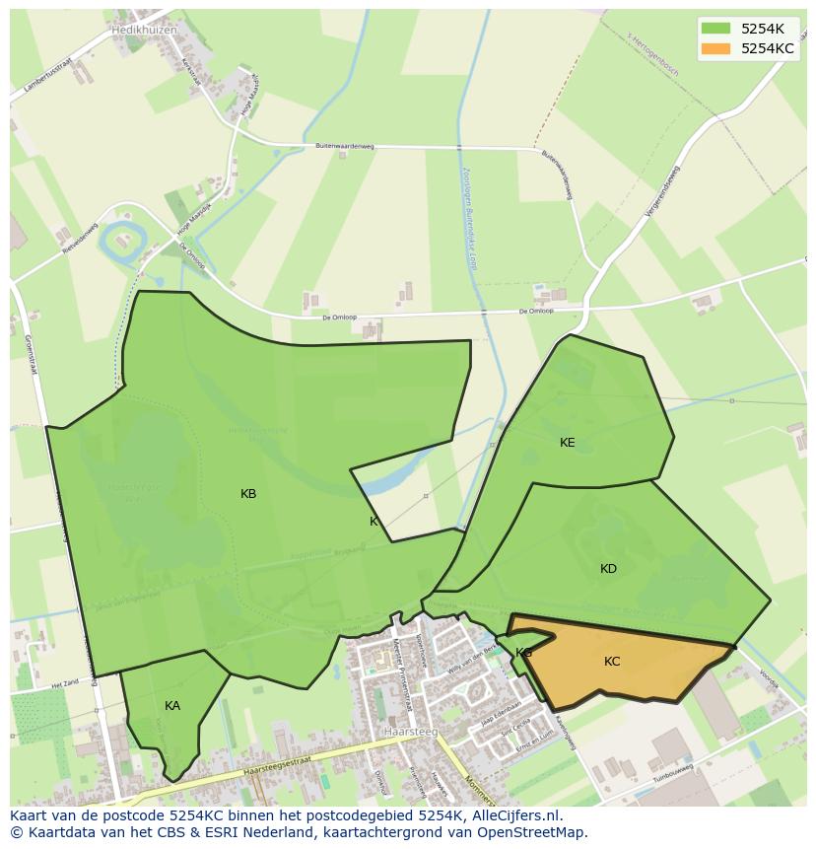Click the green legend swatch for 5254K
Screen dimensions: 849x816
tap(716, 28)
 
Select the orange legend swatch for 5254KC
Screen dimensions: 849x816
tap(716, 48)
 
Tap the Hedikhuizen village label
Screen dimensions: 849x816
tap(144, 30)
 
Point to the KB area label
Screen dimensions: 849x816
tap(248, 494)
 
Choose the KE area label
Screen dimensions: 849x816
tap(568, 443)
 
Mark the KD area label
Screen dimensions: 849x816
tap(608, 569)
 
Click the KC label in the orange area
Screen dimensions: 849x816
tap(612, 662)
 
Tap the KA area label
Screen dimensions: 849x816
tap(172, 706)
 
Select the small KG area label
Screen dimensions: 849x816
tap(523, 653)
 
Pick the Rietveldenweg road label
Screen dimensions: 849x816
tap(81, 241)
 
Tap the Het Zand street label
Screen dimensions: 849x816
tap(65, 682)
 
